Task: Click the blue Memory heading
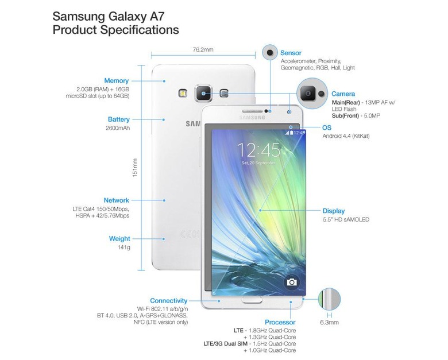click(x=116, y=81)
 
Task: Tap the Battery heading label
click(x=118, y=119)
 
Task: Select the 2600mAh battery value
click(x=118, y=128)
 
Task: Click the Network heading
click(x=116, y=200)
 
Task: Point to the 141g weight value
click(x=124, y=247)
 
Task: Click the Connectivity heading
click(x=168, y=300)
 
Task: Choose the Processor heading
click(x=280, y=322)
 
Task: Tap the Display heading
click(x=334, y=211)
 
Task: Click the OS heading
click(x=327, y=127)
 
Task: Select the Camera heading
click(x=343, y=94)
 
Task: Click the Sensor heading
click(x=291, y=53)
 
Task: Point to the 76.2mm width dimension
click(x=203, y=50)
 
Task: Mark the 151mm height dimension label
click(x=135, y=168)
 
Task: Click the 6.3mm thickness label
click(x=329, y=323)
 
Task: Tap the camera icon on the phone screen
click(x=291, y=282)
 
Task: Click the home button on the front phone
click(x=252, y=300)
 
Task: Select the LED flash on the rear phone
click(x=183, y=93)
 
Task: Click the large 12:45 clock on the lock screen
click(x=258, y=150)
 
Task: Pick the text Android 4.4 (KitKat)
click(x=346, y=136)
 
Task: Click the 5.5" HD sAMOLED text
click(x=346, y=219)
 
